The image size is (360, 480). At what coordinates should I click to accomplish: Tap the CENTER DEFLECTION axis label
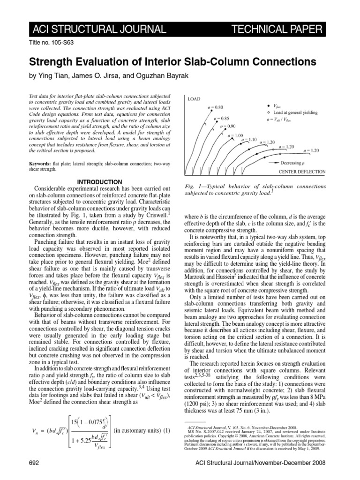tap(302, 172)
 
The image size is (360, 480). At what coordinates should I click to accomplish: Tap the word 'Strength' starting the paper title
tap(51, 62)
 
